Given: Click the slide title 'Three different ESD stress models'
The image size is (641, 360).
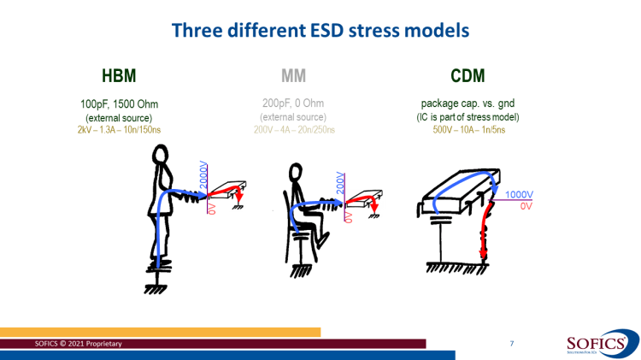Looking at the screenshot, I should click(x=320, y=30).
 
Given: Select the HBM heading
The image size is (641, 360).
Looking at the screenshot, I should click(x=118, y=76).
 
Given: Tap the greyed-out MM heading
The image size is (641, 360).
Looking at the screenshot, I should click(x=294, y=76).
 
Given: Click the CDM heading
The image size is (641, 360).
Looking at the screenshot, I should click(x=468, y=76).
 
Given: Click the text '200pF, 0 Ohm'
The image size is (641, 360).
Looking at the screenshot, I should click(x=294, y=104).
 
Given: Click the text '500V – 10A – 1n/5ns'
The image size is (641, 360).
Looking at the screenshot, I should click(x=468, y=129).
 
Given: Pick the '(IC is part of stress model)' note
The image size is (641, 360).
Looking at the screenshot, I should click(x=468, y=117).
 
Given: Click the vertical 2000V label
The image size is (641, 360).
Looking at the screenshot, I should click(x=203, y=174).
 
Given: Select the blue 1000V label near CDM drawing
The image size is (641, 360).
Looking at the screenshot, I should click(x=520, y=195).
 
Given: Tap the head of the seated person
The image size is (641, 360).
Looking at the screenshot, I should click(x=296, y=171).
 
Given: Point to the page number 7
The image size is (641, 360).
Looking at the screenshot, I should click(x=511, y=343).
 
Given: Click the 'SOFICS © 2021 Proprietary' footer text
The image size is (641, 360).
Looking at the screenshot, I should click(x=78, y=343).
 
